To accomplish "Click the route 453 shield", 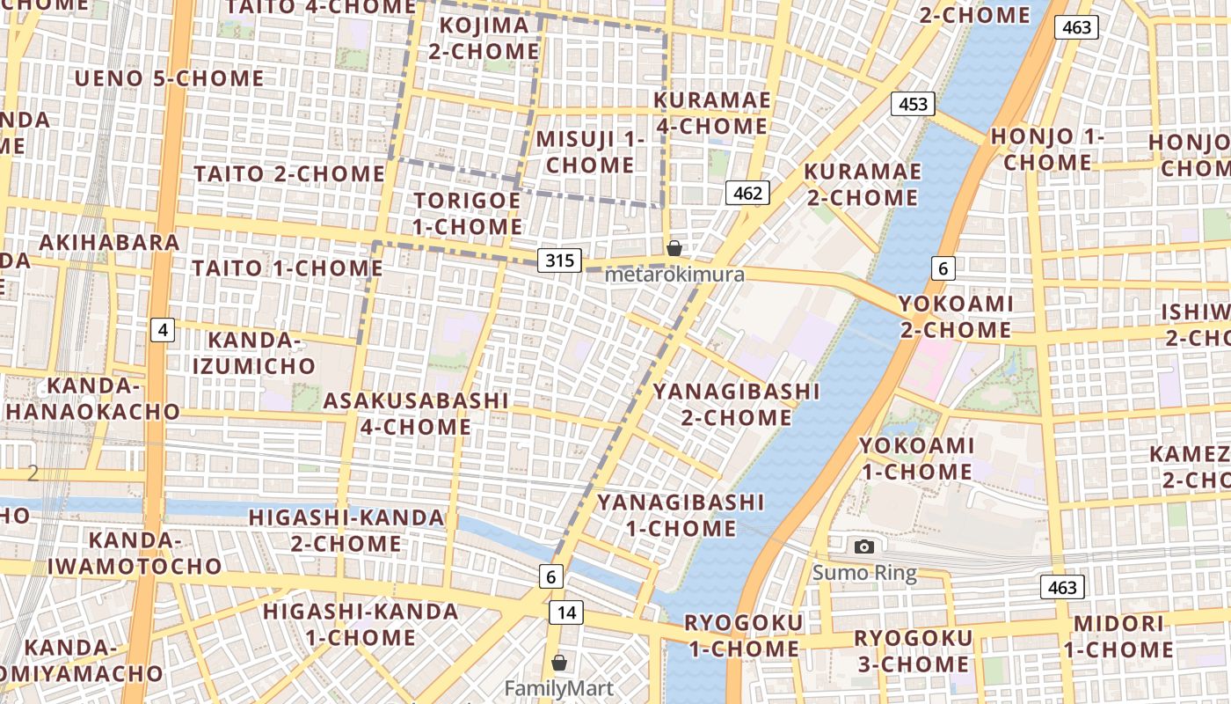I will [x=914, y=104].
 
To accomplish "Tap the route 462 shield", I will [x=748, y=193].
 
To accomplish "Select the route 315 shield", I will [x=559, y=260].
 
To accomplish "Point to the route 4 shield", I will [x=162, y=330].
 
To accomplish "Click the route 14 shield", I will [x=566, y=612].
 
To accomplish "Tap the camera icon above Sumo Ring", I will [x=864, y=546].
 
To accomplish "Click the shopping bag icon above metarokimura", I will [x=674, y=248].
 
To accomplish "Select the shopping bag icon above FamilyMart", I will [x=559, y=662].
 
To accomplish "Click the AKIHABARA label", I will [x=110, y=242].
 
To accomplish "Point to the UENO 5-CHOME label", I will [x=170, y=78].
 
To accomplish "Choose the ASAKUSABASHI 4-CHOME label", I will [x=416, y=414].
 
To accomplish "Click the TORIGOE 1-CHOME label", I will [x=468, y=213].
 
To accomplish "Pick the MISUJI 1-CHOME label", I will [x=590, y=152].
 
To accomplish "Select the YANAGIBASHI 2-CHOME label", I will [x=737, y=404].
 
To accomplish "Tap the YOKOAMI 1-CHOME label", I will [x=917, y=458].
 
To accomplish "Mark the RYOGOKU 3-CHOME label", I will [x=914, y=651].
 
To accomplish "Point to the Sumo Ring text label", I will [x=864, y=574].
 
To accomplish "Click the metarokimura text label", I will [x=674, y=275].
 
